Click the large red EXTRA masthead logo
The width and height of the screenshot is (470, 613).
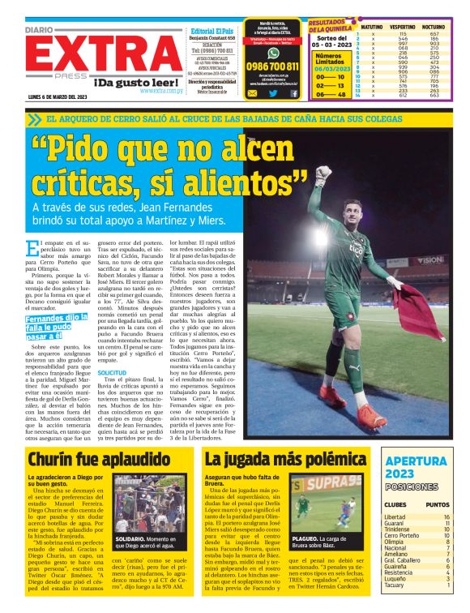tap(89, 57)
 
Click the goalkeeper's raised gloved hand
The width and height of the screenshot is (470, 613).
tap(324, 174)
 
